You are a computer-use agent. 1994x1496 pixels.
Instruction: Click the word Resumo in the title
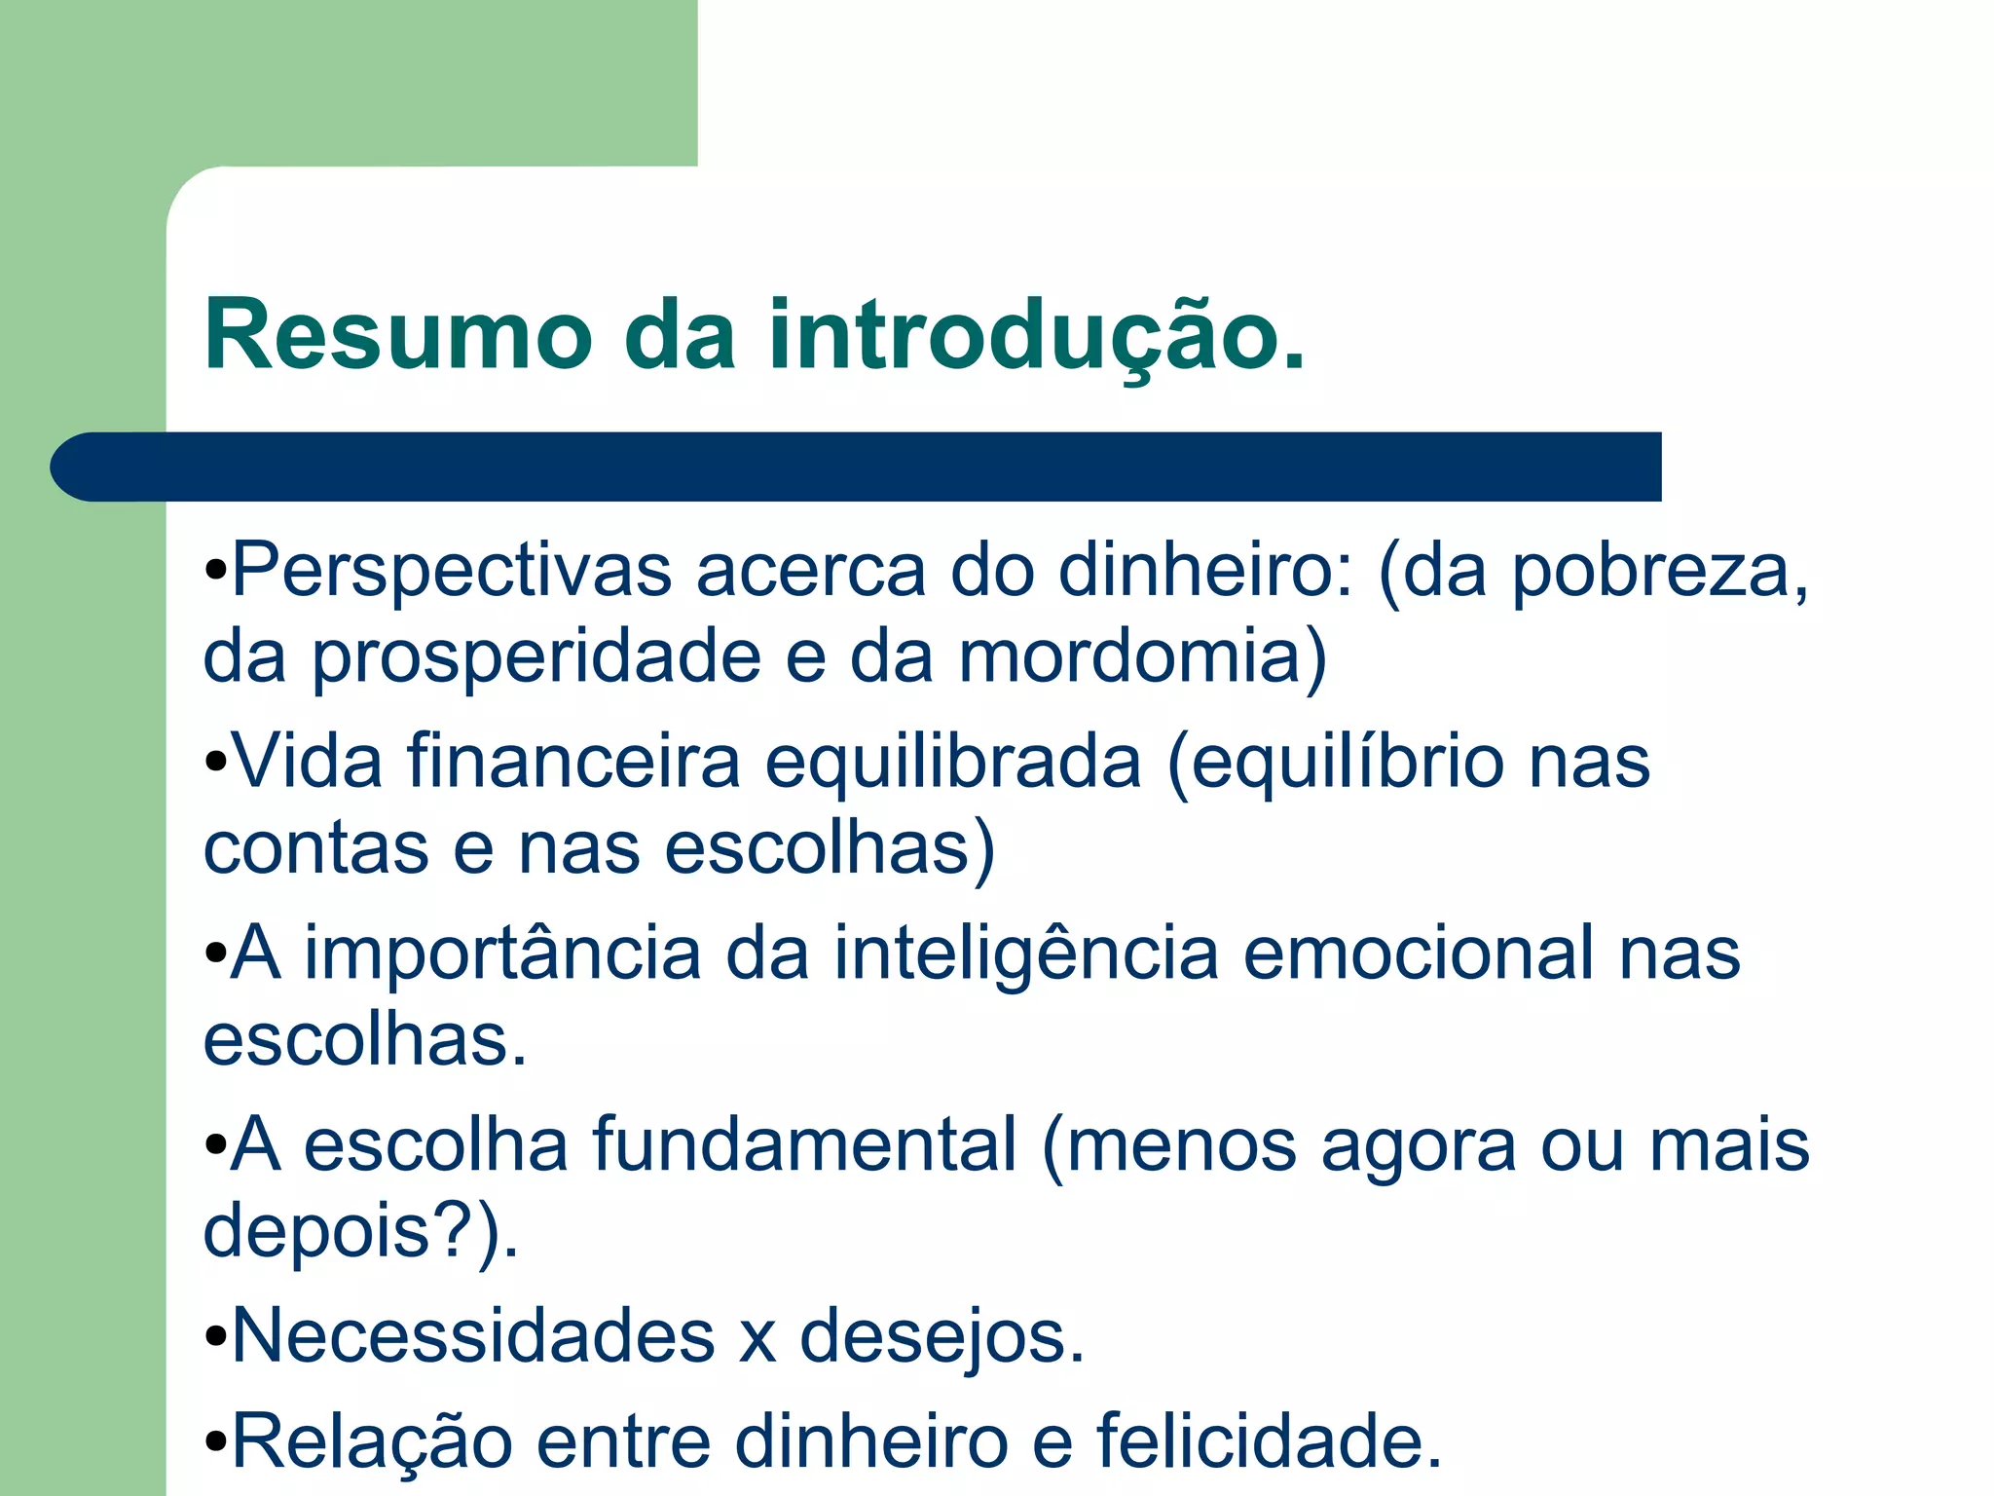[x=398, y=335]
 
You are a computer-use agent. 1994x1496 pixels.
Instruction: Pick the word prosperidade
[x=535, y=656]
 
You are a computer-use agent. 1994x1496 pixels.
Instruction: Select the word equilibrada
[x=953, y=762]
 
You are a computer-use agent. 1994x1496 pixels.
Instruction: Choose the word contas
[x=315, y=847]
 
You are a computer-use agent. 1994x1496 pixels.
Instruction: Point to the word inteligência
[x=1025, y=954]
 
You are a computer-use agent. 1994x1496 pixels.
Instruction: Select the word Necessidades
[x=473, y=1335]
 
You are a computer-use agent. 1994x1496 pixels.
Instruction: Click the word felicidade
[x=1269, y=1440]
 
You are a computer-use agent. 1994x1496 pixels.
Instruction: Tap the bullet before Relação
[x=216, y=1441]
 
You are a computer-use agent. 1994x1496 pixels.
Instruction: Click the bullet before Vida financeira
[x=216, y=764]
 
